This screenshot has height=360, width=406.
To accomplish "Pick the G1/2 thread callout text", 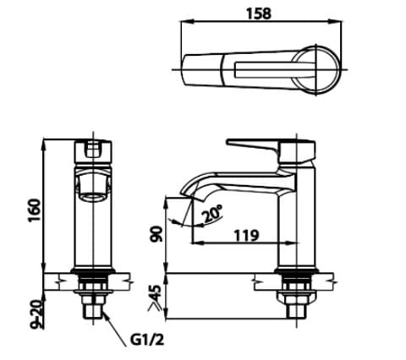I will (x=147, y=342).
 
